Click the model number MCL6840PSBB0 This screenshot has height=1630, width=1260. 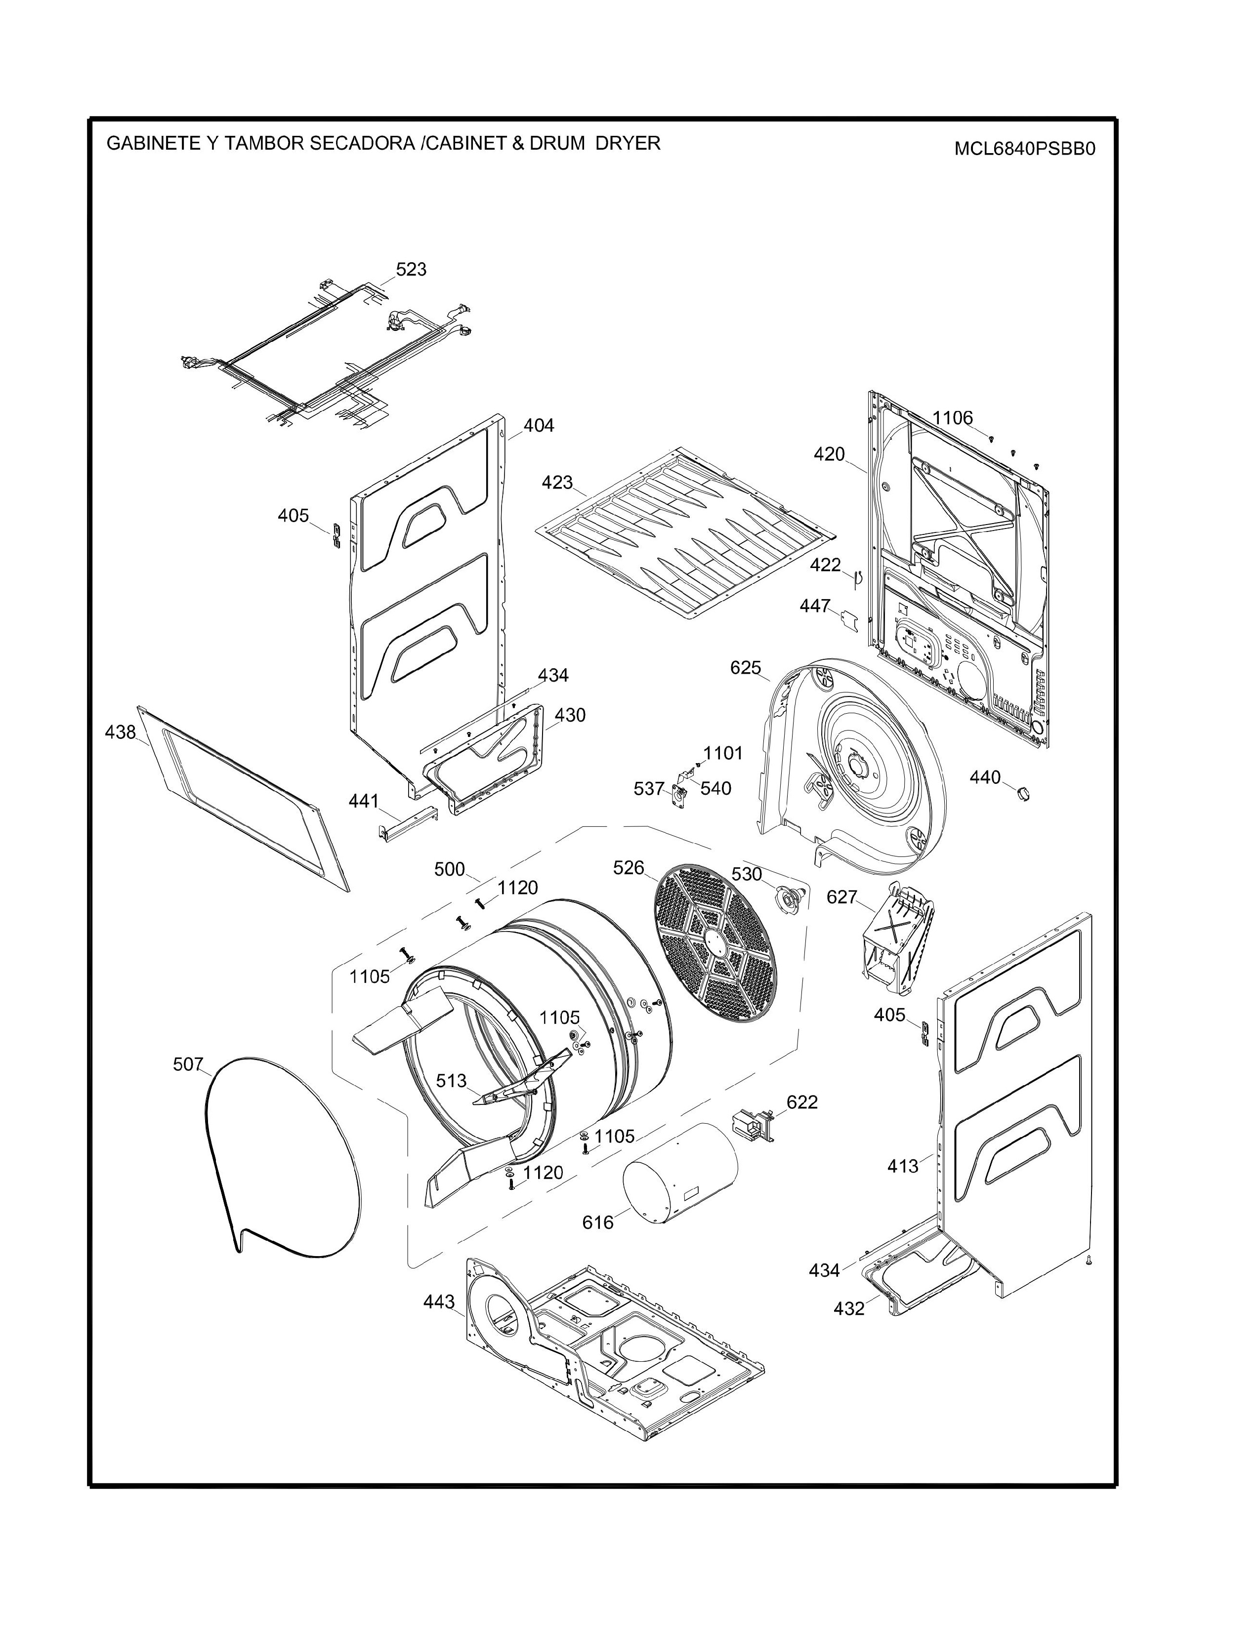(1024, 149)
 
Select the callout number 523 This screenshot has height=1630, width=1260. (411, 269)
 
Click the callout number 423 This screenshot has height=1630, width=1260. (557, 483)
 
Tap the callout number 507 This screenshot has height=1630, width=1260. (188, 1064)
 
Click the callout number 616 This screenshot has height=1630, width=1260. (598, 1222)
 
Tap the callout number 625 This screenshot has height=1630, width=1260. (745, 668)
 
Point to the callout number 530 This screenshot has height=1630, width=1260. (747, 874)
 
